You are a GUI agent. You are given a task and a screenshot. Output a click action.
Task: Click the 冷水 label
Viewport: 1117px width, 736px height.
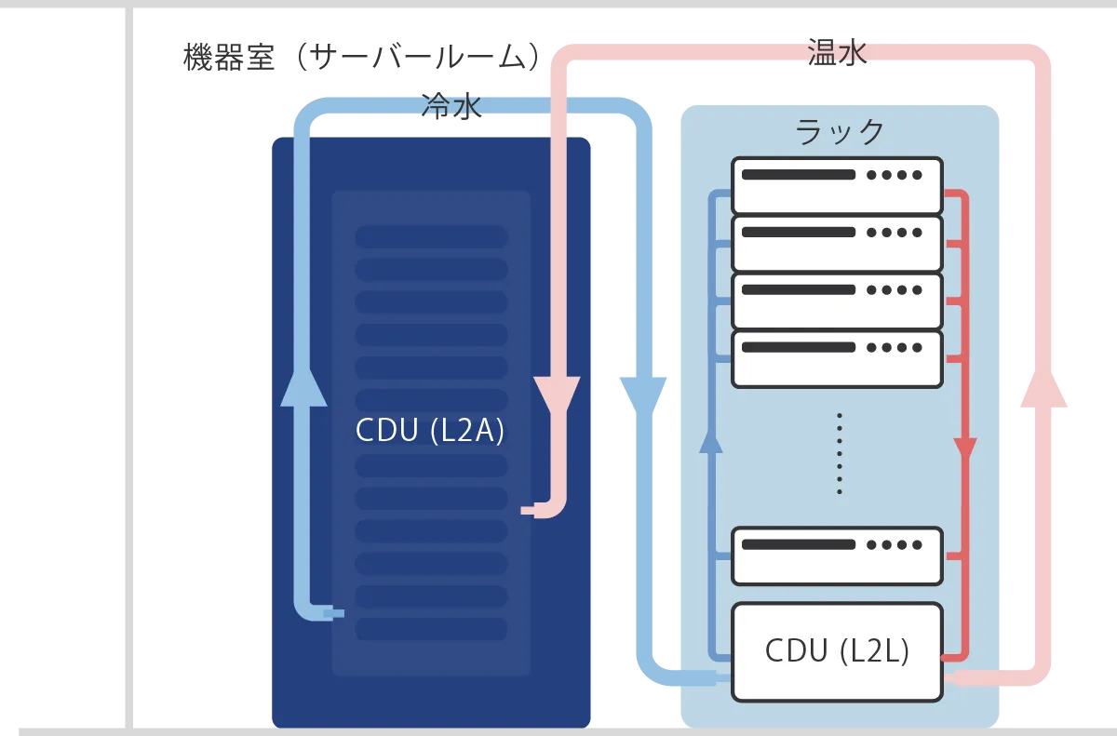click(x=451, y=107)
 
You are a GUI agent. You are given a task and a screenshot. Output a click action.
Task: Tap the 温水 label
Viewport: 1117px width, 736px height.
click(x=837, y=53)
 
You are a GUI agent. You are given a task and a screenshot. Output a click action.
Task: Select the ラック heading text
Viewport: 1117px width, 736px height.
click(x=840, y=132)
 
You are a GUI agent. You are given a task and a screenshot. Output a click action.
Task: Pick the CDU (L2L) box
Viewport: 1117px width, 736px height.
click(x=837, y=651)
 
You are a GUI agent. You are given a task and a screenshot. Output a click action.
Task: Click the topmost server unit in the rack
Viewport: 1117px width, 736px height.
click(x=837, y=185)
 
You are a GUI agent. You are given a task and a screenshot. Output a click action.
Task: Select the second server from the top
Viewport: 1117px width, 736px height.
click(x=837, y=243)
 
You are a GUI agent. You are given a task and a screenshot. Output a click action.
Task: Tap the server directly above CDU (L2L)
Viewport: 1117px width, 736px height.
click(x=837, y=555)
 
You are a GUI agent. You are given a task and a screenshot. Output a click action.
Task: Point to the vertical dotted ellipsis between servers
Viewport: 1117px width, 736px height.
click(x=839, y=453)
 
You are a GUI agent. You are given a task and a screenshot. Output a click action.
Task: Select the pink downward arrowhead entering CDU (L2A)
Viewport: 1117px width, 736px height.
click(x=558, y=396)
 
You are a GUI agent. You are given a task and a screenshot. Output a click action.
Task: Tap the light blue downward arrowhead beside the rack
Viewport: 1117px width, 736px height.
click(x=644, y=393)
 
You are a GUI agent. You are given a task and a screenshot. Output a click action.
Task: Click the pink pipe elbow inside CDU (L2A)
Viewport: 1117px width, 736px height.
click(x=551, y=507)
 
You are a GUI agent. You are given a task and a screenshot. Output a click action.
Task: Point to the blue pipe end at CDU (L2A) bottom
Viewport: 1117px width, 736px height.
click(x=331, y=613)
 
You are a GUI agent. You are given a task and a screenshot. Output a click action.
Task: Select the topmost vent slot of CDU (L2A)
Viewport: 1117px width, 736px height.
click(x=430, y=236)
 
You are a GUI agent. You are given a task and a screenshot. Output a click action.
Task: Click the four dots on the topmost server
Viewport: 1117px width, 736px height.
click(x=894, y=174)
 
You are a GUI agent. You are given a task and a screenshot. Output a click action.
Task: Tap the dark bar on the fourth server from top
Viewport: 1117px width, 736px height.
click(x=798, y=347)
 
